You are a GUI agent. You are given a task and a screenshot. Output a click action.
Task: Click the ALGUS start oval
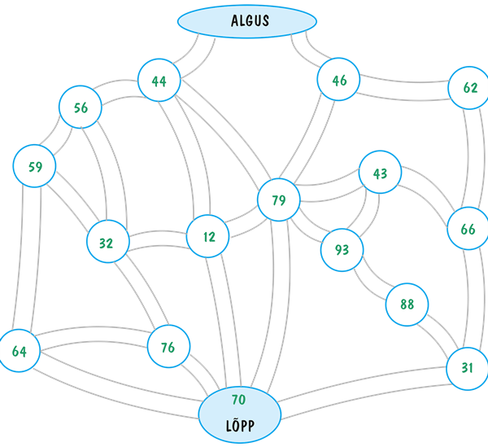click(247, 21)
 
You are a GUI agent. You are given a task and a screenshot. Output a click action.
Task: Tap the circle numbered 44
click(159, 80)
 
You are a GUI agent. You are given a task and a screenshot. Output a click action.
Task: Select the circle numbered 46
click(338, 79)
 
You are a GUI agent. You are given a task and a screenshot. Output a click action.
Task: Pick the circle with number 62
click(469, 88)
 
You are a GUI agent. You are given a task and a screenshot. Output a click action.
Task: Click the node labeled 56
click(81, 107)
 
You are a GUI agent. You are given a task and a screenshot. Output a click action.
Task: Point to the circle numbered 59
click(34, 166)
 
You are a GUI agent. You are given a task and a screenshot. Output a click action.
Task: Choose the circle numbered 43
click(380, 172)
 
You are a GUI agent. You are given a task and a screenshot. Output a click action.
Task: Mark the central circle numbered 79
click(279, 199)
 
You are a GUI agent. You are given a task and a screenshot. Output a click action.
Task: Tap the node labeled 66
click(468, 228)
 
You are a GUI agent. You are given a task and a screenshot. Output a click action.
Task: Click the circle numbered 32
click(108, 241)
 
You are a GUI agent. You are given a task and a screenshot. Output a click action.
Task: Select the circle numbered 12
click(207, 236)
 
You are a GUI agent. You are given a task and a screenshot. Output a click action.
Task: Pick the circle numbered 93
click(342, 250)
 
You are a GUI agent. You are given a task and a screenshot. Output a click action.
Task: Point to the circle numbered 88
click(407, 305)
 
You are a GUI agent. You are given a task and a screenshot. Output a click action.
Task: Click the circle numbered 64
click(19, 350)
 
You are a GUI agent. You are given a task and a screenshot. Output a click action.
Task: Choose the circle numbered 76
click(168, 346)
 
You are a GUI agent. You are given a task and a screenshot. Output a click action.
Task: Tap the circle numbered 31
click(468, 369)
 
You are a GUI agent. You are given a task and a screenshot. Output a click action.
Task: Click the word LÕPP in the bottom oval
click(240, 426)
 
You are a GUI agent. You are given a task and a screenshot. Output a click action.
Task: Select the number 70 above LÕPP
click(238, 399)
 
